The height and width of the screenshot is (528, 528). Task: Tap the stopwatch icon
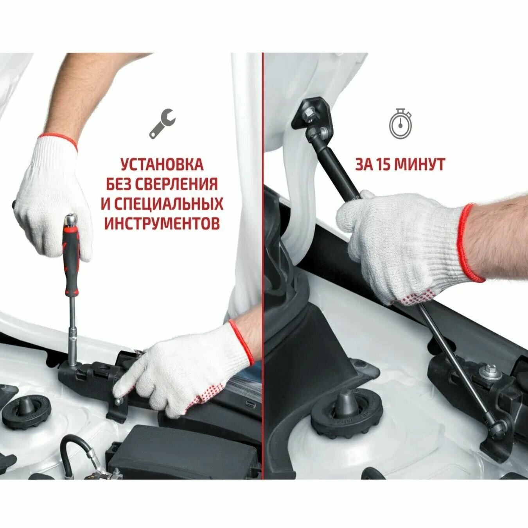click(400, 123)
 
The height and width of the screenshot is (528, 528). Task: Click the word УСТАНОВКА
click(162, 164)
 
